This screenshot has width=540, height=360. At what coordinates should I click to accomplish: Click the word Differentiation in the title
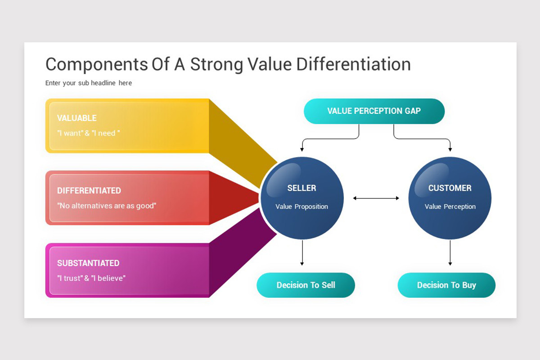pyautogui.click(x=353, y=64)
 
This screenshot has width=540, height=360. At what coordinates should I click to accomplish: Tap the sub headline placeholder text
pyautogui.click(x=89, y=83)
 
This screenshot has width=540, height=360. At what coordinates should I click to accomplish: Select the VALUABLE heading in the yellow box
pyautogui.click(x=76, y=118)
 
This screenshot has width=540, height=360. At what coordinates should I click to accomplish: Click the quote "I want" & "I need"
pyautogui.click(x=89, y=133)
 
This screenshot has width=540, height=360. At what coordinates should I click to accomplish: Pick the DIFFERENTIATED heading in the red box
pyautogui.click(x=89, y=190)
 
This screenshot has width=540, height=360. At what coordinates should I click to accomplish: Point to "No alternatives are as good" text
pyautogui.click(x=107, y=206)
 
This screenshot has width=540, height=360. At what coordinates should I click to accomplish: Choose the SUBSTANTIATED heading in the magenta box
pyautogui.click(x=88, y=263)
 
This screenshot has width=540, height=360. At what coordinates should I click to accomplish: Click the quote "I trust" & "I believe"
pyautogui.click(x=91, y=278)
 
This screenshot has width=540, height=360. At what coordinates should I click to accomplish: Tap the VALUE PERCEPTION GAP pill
pyautogui.click(x=374, y=111)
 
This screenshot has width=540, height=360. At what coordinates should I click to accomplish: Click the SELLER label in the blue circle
pyautogui.click(x=301, y=188)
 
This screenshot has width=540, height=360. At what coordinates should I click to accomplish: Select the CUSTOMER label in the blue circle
pyautogui.click(x=450, y=188)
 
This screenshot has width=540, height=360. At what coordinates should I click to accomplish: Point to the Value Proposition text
pyautogui.click(x=301, y=207)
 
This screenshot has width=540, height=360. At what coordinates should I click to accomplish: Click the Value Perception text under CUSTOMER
pyautogui.click(x=450, y=207)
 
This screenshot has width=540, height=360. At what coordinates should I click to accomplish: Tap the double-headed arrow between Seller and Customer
pyautogui.click(x=376, y=198)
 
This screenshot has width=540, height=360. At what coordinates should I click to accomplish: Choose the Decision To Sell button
pyautogui.click(x=306, y=285)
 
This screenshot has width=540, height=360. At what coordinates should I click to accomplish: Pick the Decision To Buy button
pyautogui.click(x=446, y=285)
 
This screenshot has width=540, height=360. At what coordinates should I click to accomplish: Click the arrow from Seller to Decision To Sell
pyautogui.click(x=302, y=253)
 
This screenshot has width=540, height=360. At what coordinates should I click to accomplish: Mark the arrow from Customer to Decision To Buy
pyautogui.click(x=450, y=253)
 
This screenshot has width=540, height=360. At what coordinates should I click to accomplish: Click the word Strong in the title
pyautogui.click(x=217, y=65)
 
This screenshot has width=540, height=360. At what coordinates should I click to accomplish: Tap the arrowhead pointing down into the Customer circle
pyautogui.click(x=450, y=149)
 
